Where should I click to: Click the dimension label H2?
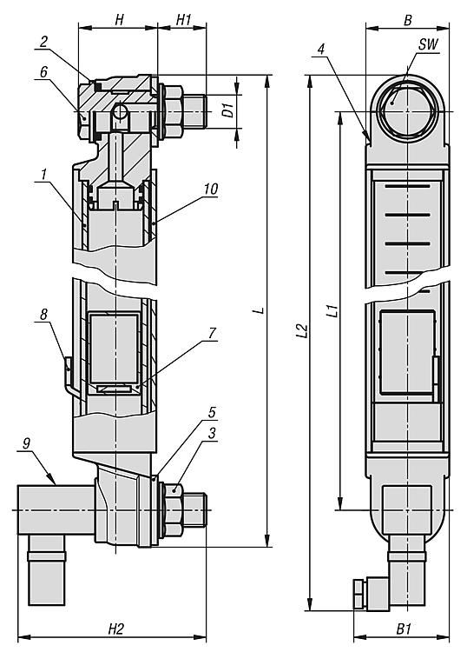116,629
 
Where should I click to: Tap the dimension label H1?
184,19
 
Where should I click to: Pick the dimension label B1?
403,629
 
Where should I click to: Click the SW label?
428,44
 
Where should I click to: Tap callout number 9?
26,443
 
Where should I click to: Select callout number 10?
210,189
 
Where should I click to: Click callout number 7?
212,333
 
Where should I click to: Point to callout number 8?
43,314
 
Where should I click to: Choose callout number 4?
320,49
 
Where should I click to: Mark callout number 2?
44,41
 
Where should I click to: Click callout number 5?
212,412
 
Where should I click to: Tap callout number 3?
212,433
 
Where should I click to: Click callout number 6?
43,71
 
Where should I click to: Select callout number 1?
43,175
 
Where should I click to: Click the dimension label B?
408,20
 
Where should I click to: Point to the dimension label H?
119,19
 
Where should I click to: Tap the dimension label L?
260,310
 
